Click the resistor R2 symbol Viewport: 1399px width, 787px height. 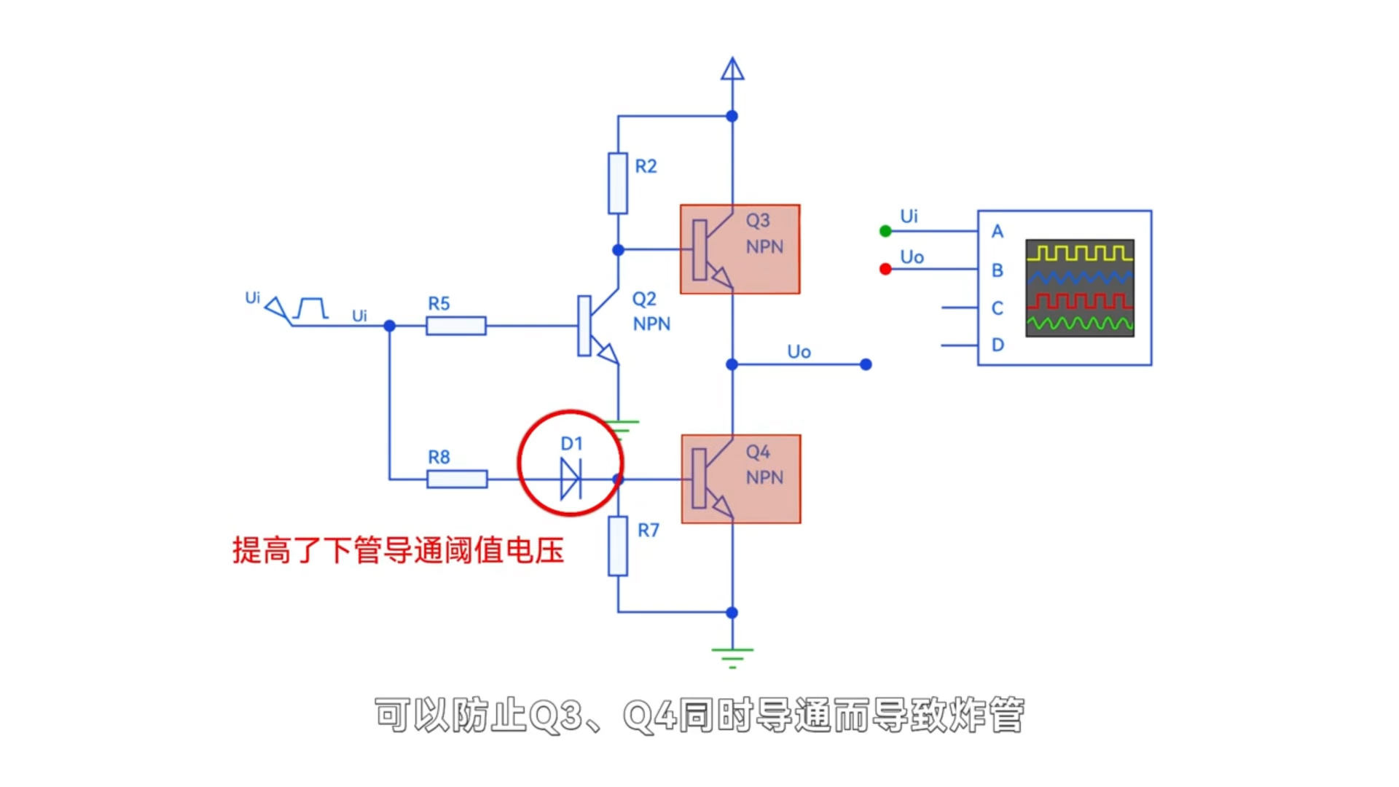click(618, 183)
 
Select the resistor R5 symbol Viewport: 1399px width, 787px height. click(456, 326)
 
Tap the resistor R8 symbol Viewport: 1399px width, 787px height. click(457, 479)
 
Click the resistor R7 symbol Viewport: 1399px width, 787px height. click(618, 546)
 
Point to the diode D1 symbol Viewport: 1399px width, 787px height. click(571, 479)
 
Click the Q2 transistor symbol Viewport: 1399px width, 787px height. click(594, 325)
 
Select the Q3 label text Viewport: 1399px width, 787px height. click(758, 220)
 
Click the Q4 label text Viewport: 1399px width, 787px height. click(758, 452)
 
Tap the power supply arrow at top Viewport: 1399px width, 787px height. click(732, 69)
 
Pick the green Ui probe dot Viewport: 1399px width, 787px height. click(885, 231)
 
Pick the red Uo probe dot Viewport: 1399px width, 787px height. click(885, 269)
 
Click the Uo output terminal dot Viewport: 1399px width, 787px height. click(866, 364)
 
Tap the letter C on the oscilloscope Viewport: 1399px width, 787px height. click(998, 308)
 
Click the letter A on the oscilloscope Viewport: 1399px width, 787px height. click(998, 232)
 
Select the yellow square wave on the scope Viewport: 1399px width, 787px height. click(1080, 253)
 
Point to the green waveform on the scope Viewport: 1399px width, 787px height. click(1080, 323)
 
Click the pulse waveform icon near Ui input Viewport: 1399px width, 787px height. click(311, 308)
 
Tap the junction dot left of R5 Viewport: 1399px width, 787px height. click(390, 326)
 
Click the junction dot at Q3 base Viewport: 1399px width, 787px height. click(618, 249)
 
